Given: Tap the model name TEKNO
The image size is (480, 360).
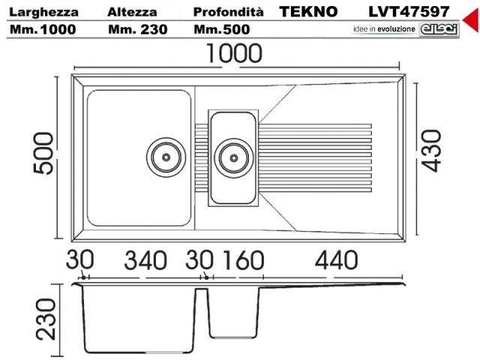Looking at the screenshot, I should (308, 12).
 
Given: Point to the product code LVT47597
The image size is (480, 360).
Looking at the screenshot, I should (409, 12).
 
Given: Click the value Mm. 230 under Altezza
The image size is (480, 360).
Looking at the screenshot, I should (136, 30).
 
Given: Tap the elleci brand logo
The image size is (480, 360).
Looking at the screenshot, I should (436, 28).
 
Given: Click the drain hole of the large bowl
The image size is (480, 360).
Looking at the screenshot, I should (166, 155).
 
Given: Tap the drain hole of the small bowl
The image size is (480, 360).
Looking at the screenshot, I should (233, 157).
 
